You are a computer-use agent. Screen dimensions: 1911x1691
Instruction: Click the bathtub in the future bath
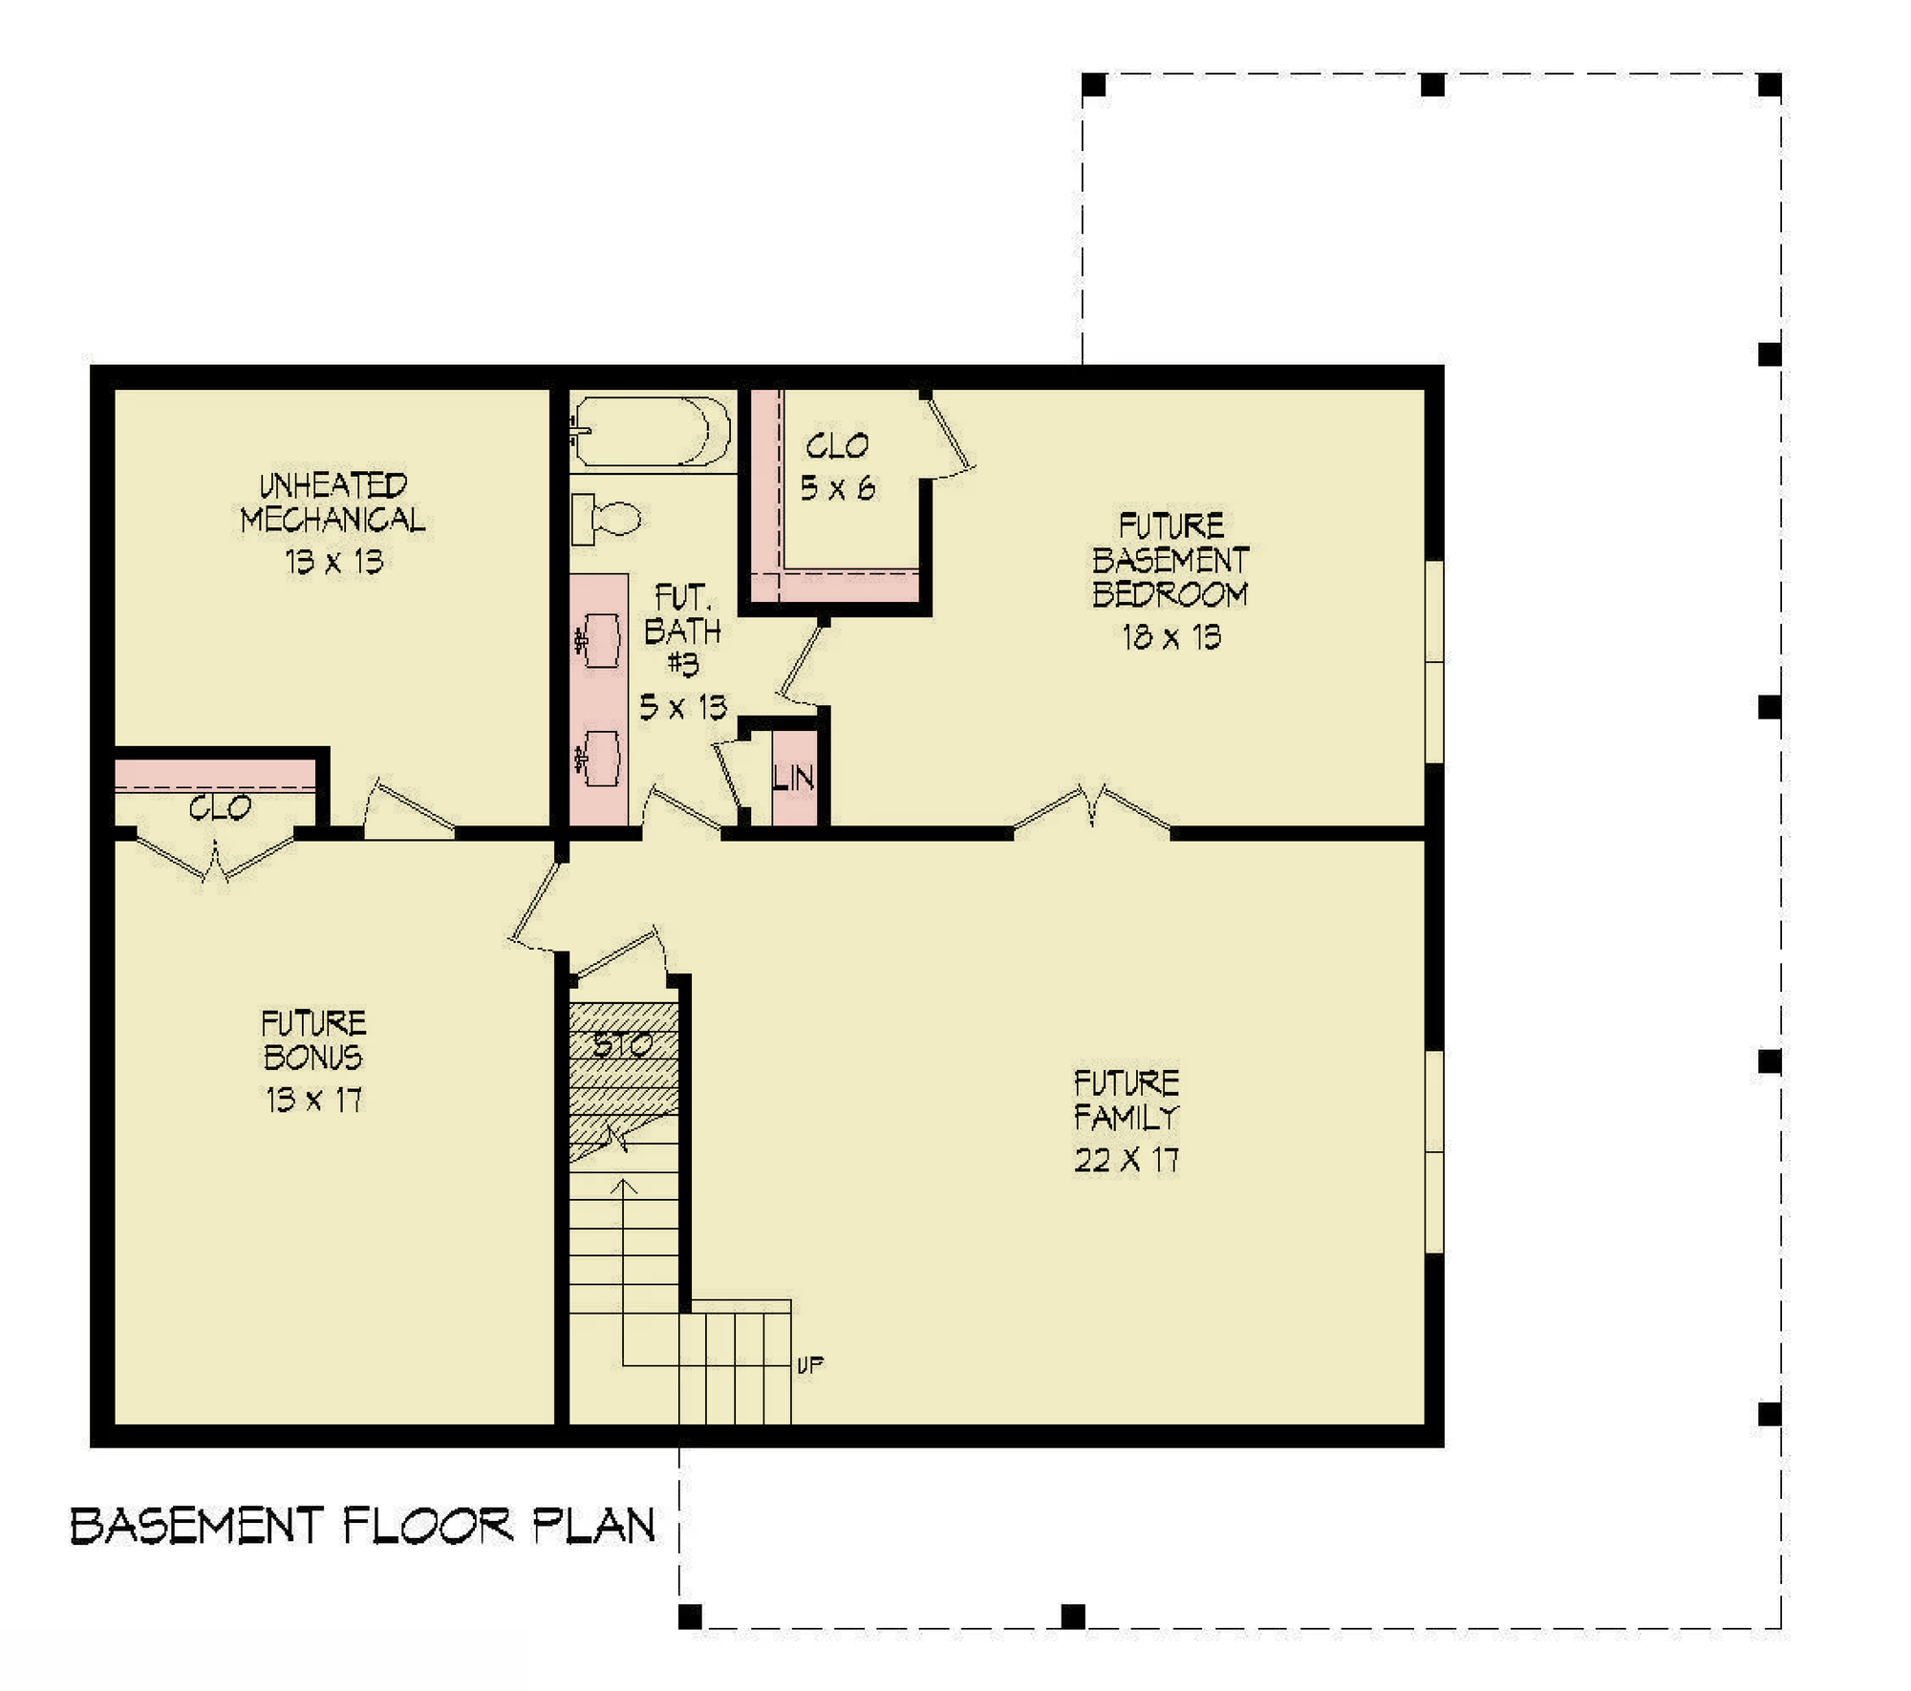point(652,431)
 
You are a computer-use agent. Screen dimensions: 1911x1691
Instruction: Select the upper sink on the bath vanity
point(599,639)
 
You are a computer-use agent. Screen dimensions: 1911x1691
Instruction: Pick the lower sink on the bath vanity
point(599,758)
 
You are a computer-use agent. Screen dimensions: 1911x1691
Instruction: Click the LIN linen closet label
point(794,778)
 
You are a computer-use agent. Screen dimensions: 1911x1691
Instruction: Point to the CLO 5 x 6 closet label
point(838,467)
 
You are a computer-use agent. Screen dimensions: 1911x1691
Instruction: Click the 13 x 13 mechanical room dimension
point(334,561)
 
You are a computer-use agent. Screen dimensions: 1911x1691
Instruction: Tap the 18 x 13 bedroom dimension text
point(1171,637)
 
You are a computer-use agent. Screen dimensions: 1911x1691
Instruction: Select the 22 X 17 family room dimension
point(1127,1160)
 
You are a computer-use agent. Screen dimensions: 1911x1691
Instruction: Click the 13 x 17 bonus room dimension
point(314,1100)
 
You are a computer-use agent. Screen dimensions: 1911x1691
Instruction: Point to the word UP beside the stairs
point(810,1365)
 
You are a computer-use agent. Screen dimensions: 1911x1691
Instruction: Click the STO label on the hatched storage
point(622,1044)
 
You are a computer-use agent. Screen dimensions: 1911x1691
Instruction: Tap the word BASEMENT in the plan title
point(198,1526)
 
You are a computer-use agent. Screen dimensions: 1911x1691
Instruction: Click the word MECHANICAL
point(333,520)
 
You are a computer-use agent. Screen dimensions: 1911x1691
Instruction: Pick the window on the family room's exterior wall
point(1434,1151)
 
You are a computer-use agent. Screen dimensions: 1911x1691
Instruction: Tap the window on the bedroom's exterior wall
point(1434,661)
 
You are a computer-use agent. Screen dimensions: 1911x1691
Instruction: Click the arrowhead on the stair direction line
point(624,1186)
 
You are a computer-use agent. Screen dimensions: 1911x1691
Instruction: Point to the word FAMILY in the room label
point(1127,1117)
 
